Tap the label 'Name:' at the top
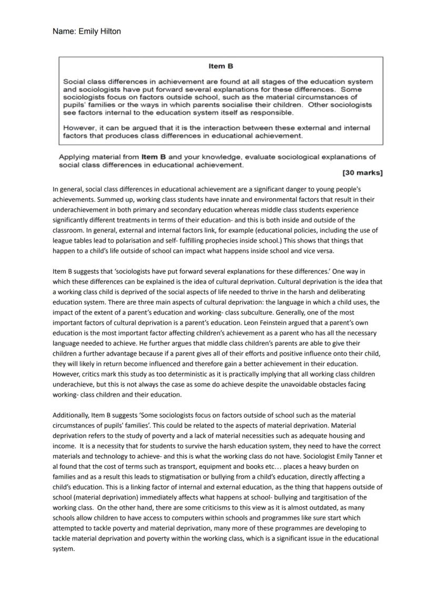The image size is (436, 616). (x=64, y=32)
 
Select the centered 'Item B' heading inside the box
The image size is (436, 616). (x=221, y=66)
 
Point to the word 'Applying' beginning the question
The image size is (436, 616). (x=74, y=157)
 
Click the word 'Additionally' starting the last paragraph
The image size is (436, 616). (x=71, y=416)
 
